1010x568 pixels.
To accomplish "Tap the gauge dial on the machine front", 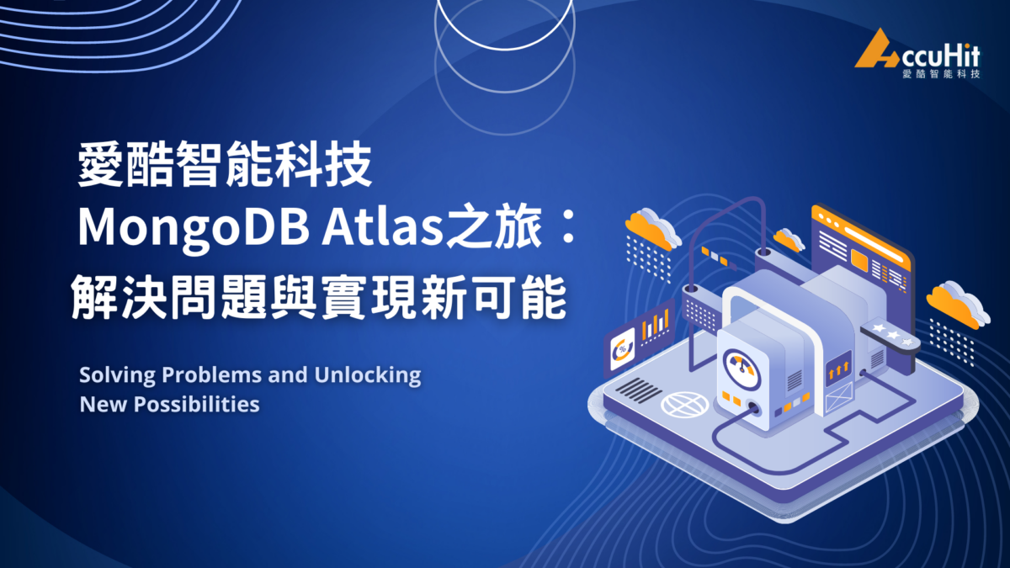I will coord(742,366).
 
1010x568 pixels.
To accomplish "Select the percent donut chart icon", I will coord(624,347).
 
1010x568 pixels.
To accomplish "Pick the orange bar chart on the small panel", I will coord(655,324).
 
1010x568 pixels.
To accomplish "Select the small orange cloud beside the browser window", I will coord(789,240).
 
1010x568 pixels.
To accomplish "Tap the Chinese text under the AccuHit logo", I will coord(940,74).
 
